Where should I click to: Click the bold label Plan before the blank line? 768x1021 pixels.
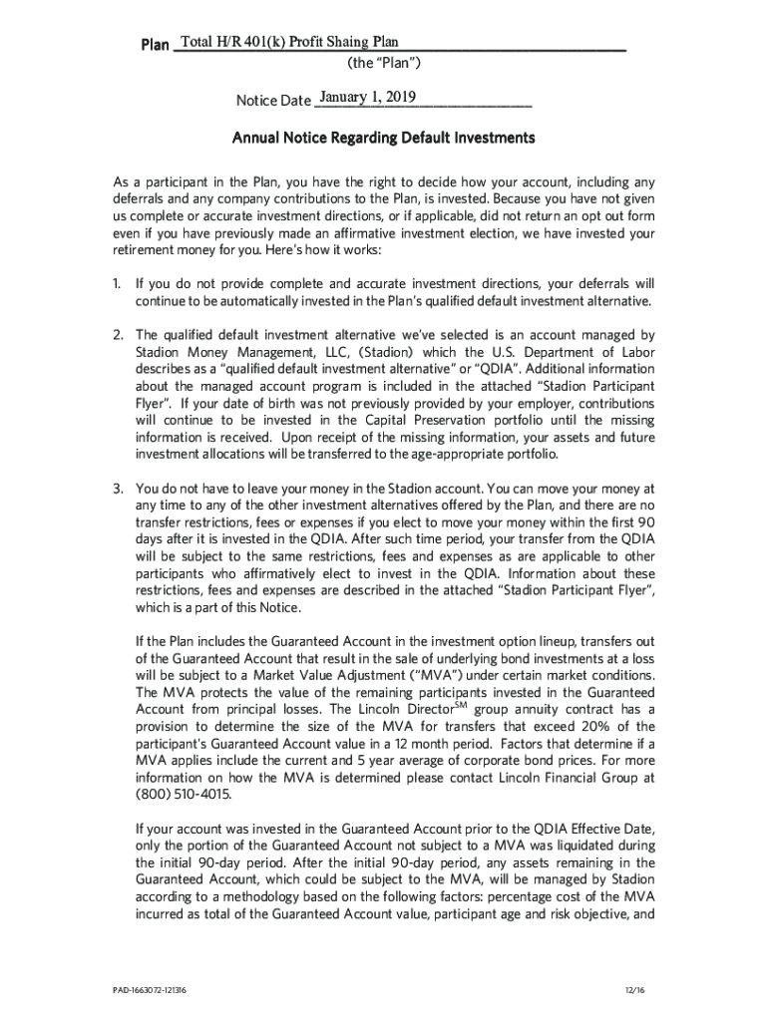155,45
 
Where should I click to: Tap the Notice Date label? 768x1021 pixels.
273,101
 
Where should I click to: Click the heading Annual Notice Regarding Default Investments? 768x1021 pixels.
384,138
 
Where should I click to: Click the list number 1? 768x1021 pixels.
117,284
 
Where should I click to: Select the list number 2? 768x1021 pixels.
117,335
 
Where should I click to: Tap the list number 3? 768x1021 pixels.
117,489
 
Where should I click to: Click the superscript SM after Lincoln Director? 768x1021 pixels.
461,705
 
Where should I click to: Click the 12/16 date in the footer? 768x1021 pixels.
628,989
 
